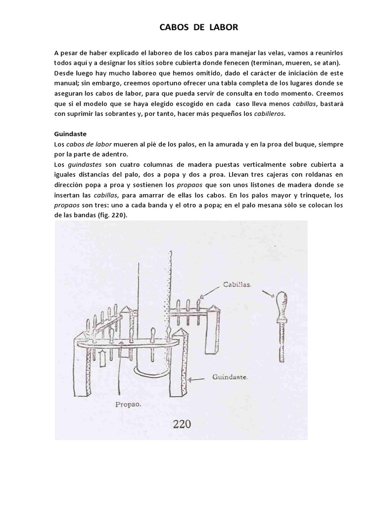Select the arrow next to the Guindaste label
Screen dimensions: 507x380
(x=199, y=380)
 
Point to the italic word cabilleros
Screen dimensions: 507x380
(x=270, y=114)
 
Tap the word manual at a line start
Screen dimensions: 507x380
(x=65, y=83)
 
